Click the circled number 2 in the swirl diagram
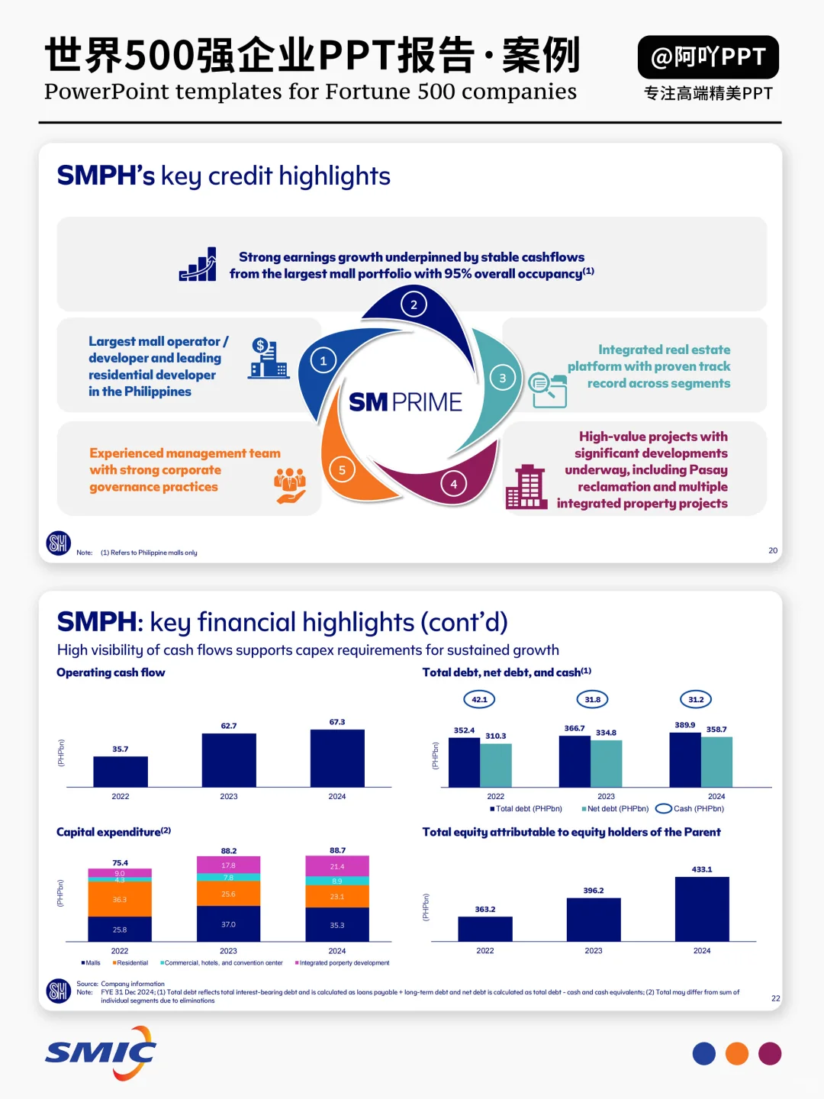[414, 305]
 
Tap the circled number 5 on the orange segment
[342, 470]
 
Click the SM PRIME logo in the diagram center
[405, 402]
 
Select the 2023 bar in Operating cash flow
[229, 759]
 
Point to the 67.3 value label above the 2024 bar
[337, 722]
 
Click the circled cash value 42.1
[479, 699]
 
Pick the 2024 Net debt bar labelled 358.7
[716, 762]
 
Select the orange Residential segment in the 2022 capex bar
[120, 899]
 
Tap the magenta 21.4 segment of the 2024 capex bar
[337, 866]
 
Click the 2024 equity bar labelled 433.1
[702, 909]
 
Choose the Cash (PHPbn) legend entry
[690, 809]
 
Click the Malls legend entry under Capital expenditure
[91, 963]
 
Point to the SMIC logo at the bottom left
[101, 1053]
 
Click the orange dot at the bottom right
[737, 1054]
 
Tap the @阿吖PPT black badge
[708, 57]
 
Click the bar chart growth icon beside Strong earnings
[198, 265]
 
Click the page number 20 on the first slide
[773, 550]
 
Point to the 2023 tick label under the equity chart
[594, 951]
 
